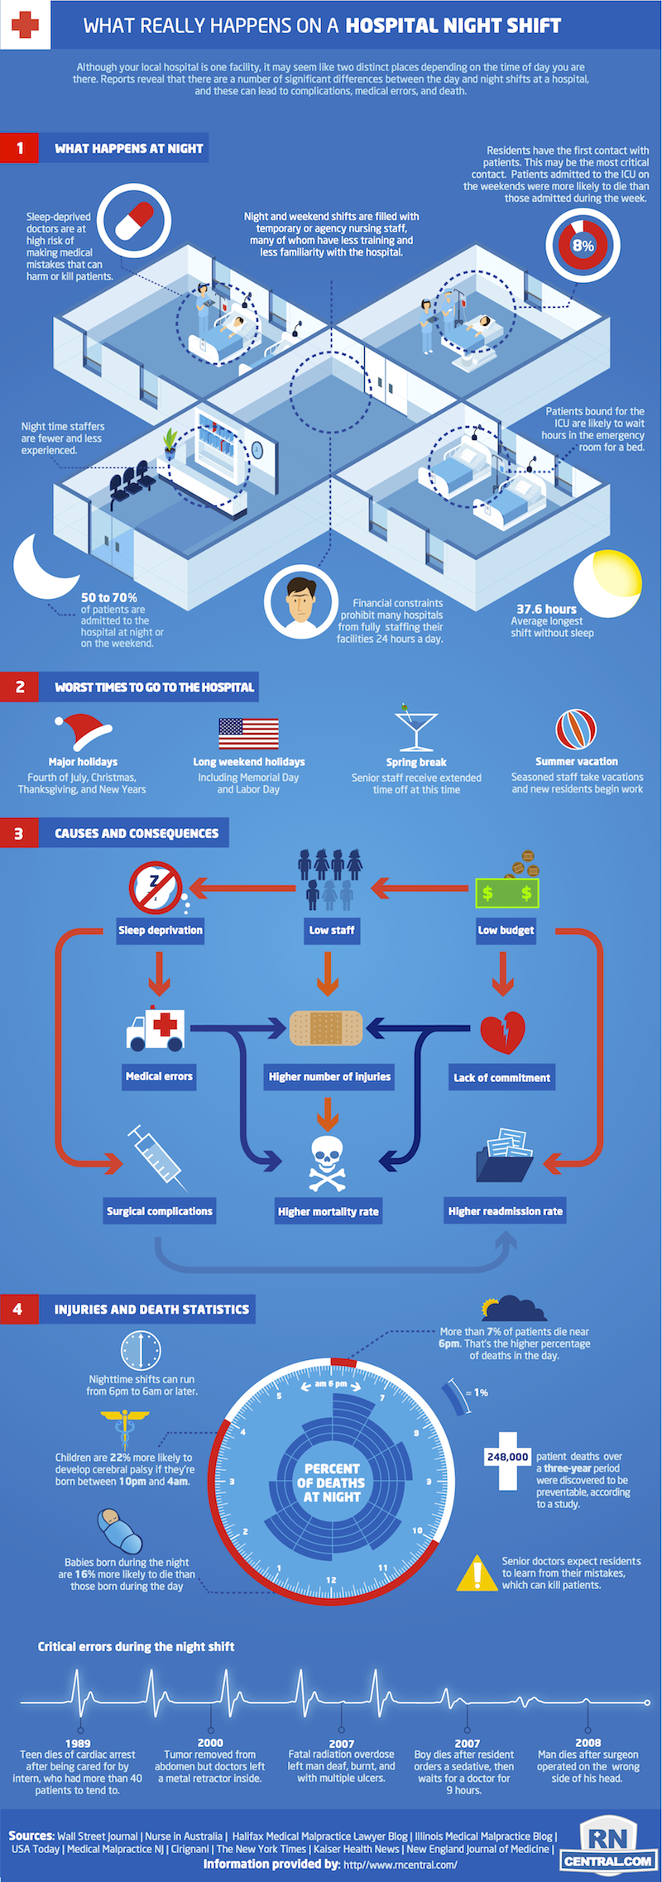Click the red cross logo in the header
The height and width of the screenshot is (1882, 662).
pyautogui.click(x=25, y=25)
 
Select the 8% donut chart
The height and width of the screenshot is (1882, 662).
pyautogui.click(x=583, y=246)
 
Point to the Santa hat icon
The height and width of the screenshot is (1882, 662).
pyautogui.click(x=82, y=731)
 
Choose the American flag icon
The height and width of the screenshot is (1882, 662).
pyautogui.click(x=248, y=733)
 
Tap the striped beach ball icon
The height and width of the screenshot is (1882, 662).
pyautogui.click(x=576, y=730)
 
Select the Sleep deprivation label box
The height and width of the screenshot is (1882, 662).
pyautogui.click(x=161, y=930)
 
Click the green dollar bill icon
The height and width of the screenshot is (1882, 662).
pyautogui.click(x=506, y=893)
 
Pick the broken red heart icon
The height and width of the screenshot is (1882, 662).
pyautogui.click(x=502, y=1032)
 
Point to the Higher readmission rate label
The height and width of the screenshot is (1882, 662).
pyautogui.click(x=505, y=1211)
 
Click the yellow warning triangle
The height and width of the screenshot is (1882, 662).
pyautogui.click(x=477, y=1573)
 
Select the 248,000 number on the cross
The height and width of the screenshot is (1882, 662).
pyautogui.click(x=507, y=1457)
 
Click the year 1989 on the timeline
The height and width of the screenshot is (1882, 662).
pyautogui.click(x=78, y=1743)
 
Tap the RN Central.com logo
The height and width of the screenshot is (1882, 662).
pyautogui.click(x=609, y=1846)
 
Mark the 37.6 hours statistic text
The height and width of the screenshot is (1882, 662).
pyautogui.click(x=546, y=609)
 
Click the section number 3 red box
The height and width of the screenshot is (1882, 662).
pyautogui.click(x=18, y=833)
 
